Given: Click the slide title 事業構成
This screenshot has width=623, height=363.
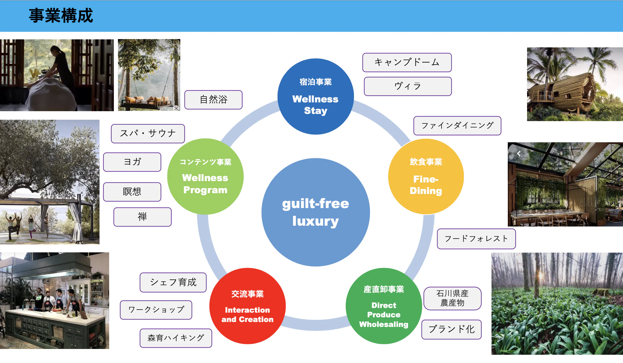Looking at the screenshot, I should pyautogui.click(x=61, y=15).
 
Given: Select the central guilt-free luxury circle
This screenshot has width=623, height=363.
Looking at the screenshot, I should pyautogui.click(x=316, y=212).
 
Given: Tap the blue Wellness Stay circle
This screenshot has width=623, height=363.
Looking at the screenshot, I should pyautogui.click(x=316, y=96).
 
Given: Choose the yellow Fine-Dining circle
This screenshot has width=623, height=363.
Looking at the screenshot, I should pyautogui.click(x=426, y=176).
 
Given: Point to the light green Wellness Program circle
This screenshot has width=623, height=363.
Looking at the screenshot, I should pyautogui.click(x=205, y=176).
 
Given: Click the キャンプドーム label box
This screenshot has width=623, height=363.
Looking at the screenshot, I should pyautogui.click(x=407, y=62).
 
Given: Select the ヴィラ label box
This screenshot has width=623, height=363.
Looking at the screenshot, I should pyautogui.click(x=408, y=86).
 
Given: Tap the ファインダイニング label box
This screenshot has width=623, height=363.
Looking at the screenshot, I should pyautogui.click(x=457, y=126).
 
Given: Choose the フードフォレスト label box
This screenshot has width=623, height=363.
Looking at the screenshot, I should pyautogui.click(x=476, y=239).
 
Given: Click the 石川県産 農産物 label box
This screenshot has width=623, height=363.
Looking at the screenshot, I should pyautogui.click(x=452, y=298).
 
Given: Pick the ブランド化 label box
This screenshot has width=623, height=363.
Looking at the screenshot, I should pyautogui.click(x=451, y=329).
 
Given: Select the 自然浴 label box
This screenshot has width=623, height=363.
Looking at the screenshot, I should pyautogui.click(x=213, y=100).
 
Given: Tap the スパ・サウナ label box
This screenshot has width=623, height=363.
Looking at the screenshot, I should pyautogui.click(x=148, y=134).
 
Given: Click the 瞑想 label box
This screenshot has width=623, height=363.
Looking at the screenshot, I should pyautogui.click(x=132, y=192).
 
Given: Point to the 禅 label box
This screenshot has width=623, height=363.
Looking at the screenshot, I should pyautogui.click(x=142, y=217).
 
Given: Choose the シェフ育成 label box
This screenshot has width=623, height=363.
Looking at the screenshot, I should pyautogui.click(x=173, y=282).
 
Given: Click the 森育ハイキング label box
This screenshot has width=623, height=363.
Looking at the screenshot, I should pyautogui.click(x=176, y=338).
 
